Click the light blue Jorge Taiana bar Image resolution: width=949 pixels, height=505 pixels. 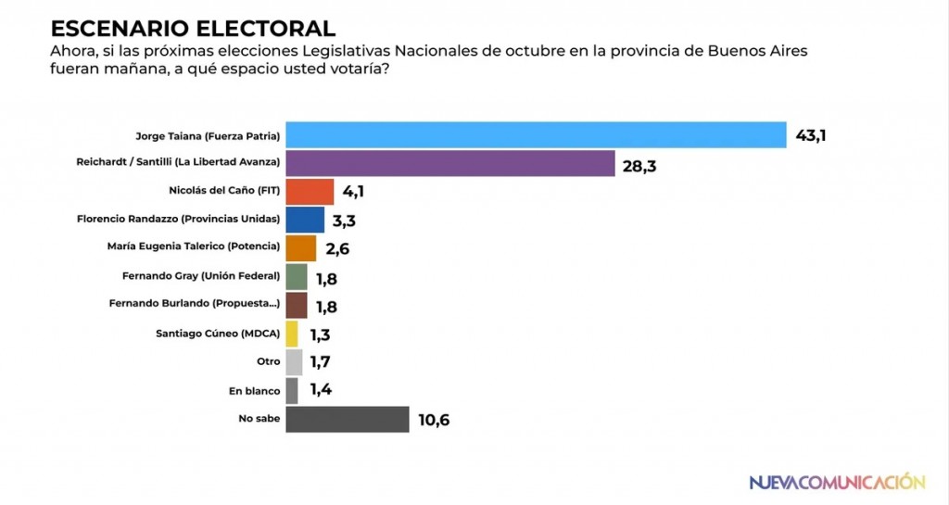tap(536, 135)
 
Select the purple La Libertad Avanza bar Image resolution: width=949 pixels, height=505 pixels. tap(450, 164)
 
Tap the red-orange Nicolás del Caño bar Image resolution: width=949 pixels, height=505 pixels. tap(310, 192)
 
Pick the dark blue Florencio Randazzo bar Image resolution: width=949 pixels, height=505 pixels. tap(305, 220)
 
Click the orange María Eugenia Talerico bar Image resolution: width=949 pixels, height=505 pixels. tap(301, 248)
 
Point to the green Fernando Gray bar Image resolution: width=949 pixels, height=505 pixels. tap(297, 276)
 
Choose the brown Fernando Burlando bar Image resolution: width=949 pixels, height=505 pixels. tap(297, 305)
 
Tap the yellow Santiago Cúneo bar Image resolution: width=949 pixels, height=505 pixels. tap(292, 334)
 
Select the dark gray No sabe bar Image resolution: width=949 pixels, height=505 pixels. tap(348, 419)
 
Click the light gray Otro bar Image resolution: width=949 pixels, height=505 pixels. tap(295, 362)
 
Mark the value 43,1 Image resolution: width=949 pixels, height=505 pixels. tap(811, 136)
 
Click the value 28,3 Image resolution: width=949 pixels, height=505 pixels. tap(639, 165)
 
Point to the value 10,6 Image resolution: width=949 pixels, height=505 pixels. tap(434, 420)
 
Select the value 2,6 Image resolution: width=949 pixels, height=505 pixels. tap(335, 249)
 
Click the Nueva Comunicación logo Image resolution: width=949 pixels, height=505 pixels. tap(836, 482)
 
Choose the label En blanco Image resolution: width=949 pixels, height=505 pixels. tap(254, 391)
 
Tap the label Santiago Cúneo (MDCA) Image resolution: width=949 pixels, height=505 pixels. tap(217, 334)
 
